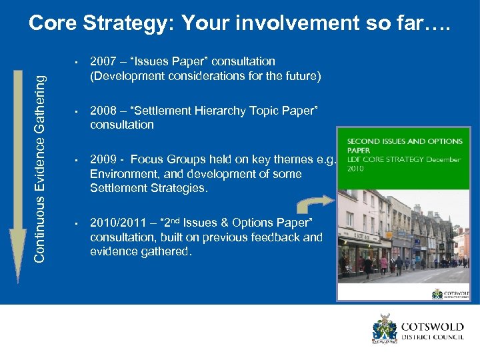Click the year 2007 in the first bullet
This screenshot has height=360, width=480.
click(x=102, y=61)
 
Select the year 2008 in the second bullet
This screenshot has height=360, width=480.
click(x=102, y=111)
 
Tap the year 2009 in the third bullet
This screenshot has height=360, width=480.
click(x=102, y=159)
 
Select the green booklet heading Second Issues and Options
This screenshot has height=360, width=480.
click(x=405, y=145)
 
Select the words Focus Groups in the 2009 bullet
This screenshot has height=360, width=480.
click(x=165, y=159)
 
